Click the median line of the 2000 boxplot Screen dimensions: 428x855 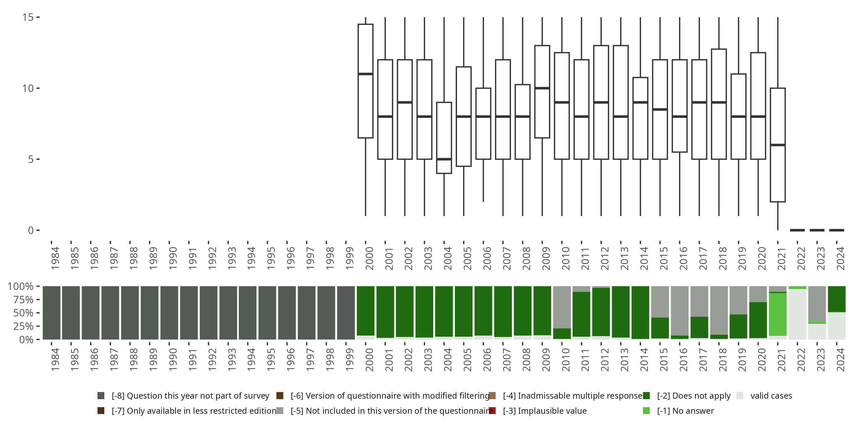(x=365, y=74)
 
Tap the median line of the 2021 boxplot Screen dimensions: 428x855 (x=778, y=145)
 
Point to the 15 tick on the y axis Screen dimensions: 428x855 (x=38, y=17)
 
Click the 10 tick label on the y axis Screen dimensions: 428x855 (x=28, y=88)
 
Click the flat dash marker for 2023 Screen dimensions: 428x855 (x=817, y=230)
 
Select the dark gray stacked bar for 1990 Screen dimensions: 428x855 (x=169, y=312)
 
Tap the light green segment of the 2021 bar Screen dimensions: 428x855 (x=778, y=314)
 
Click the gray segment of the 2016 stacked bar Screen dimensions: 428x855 (x=679, y=311)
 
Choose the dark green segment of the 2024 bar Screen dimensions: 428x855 (x=836, y=299)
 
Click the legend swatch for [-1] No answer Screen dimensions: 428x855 (x=646, y=411)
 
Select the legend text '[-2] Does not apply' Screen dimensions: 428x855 (x=694, y=396)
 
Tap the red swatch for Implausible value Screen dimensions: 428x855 (x=492, y=411)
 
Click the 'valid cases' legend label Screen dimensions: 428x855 (x=771, y=396)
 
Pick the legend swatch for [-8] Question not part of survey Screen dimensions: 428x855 (x=101, y=396)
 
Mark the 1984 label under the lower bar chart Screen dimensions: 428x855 (x=55, y=359)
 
